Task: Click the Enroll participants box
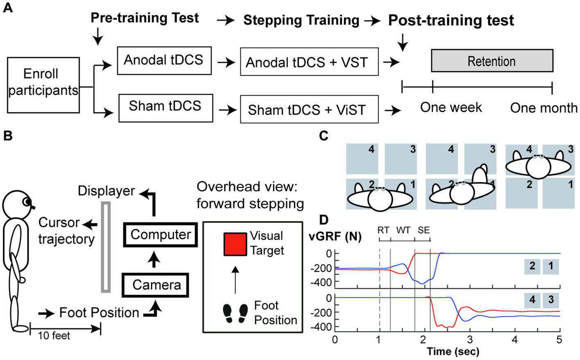point(43,85)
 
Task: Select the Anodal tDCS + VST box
point(309,62)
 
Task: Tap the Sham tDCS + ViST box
point(309,110)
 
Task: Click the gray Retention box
point(492,61)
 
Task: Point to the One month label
point(544,108)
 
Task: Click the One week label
point(451,107)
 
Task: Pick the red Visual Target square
point(235,245)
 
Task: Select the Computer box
point(160,235)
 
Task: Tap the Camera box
point(156,285)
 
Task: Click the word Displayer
point(106,191)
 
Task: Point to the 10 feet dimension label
point(54,336)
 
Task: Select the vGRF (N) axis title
point(335,236)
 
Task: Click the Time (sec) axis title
point(453,351)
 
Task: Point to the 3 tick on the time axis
point(469,340)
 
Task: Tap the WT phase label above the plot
point(403,230)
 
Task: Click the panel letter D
point(324,220)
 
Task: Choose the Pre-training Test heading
point(144,18)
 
